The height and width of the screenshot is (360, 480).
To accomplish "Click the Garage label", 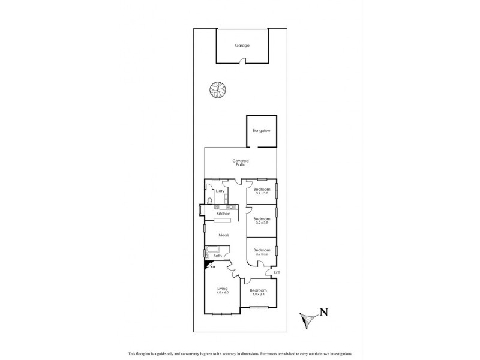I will [x=242, y=46].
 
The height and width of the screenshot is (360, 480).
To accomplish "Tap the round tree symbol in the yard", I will [x=215, y=90].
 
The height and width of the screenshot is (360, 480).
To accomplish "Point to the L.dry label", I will [x=220, y=191].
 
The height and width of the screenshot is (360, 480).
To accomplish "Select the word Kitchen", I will [x=223, y=214].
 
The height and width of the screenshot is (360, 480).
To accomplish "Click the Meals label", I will [x=224, y=235].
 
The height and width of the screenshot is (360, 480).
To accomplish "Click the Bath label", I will [x=218, y=256].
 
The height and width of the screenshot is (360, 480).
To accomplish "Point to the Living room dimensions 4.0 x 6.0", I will [x=223, y=293].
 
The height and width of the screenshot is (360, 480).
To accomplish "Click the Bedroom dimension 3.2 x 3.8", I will [x=262, y=223].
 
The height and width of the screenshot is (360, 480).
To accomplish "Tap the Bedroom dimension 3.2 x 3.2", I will [x=261, y=254].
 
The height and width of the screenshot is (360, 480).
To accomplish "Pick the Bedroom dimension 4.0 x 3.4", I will [x=259, y=293].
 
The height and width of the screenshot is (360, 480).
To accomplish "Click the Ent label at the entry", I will [x=277, y=273].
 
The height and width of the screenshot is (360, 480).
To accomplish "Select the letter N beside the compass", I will [x=323, y=311].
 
